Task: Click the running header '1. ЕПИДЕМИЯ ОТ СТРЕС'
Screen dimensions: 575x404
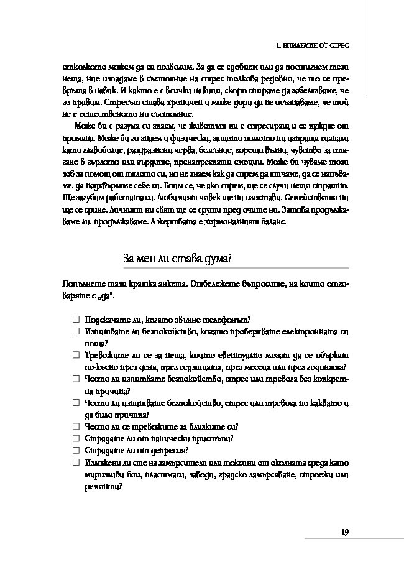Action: coord(313,46)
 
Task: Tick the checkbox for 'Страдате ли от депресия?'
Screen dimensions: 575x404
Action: coord(76,450)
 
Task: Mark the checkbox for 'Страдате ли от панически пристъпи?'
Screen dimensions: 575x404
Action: coord(76,438)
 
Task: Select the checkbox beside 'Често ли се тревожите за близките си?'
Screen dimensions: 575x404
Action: coord(76,426)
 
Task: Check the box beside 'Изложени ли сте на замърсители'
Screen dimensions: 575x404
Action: coord(76,462)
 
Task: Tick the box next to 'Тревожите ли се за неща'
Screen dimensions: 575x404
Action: coord(76,355)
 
